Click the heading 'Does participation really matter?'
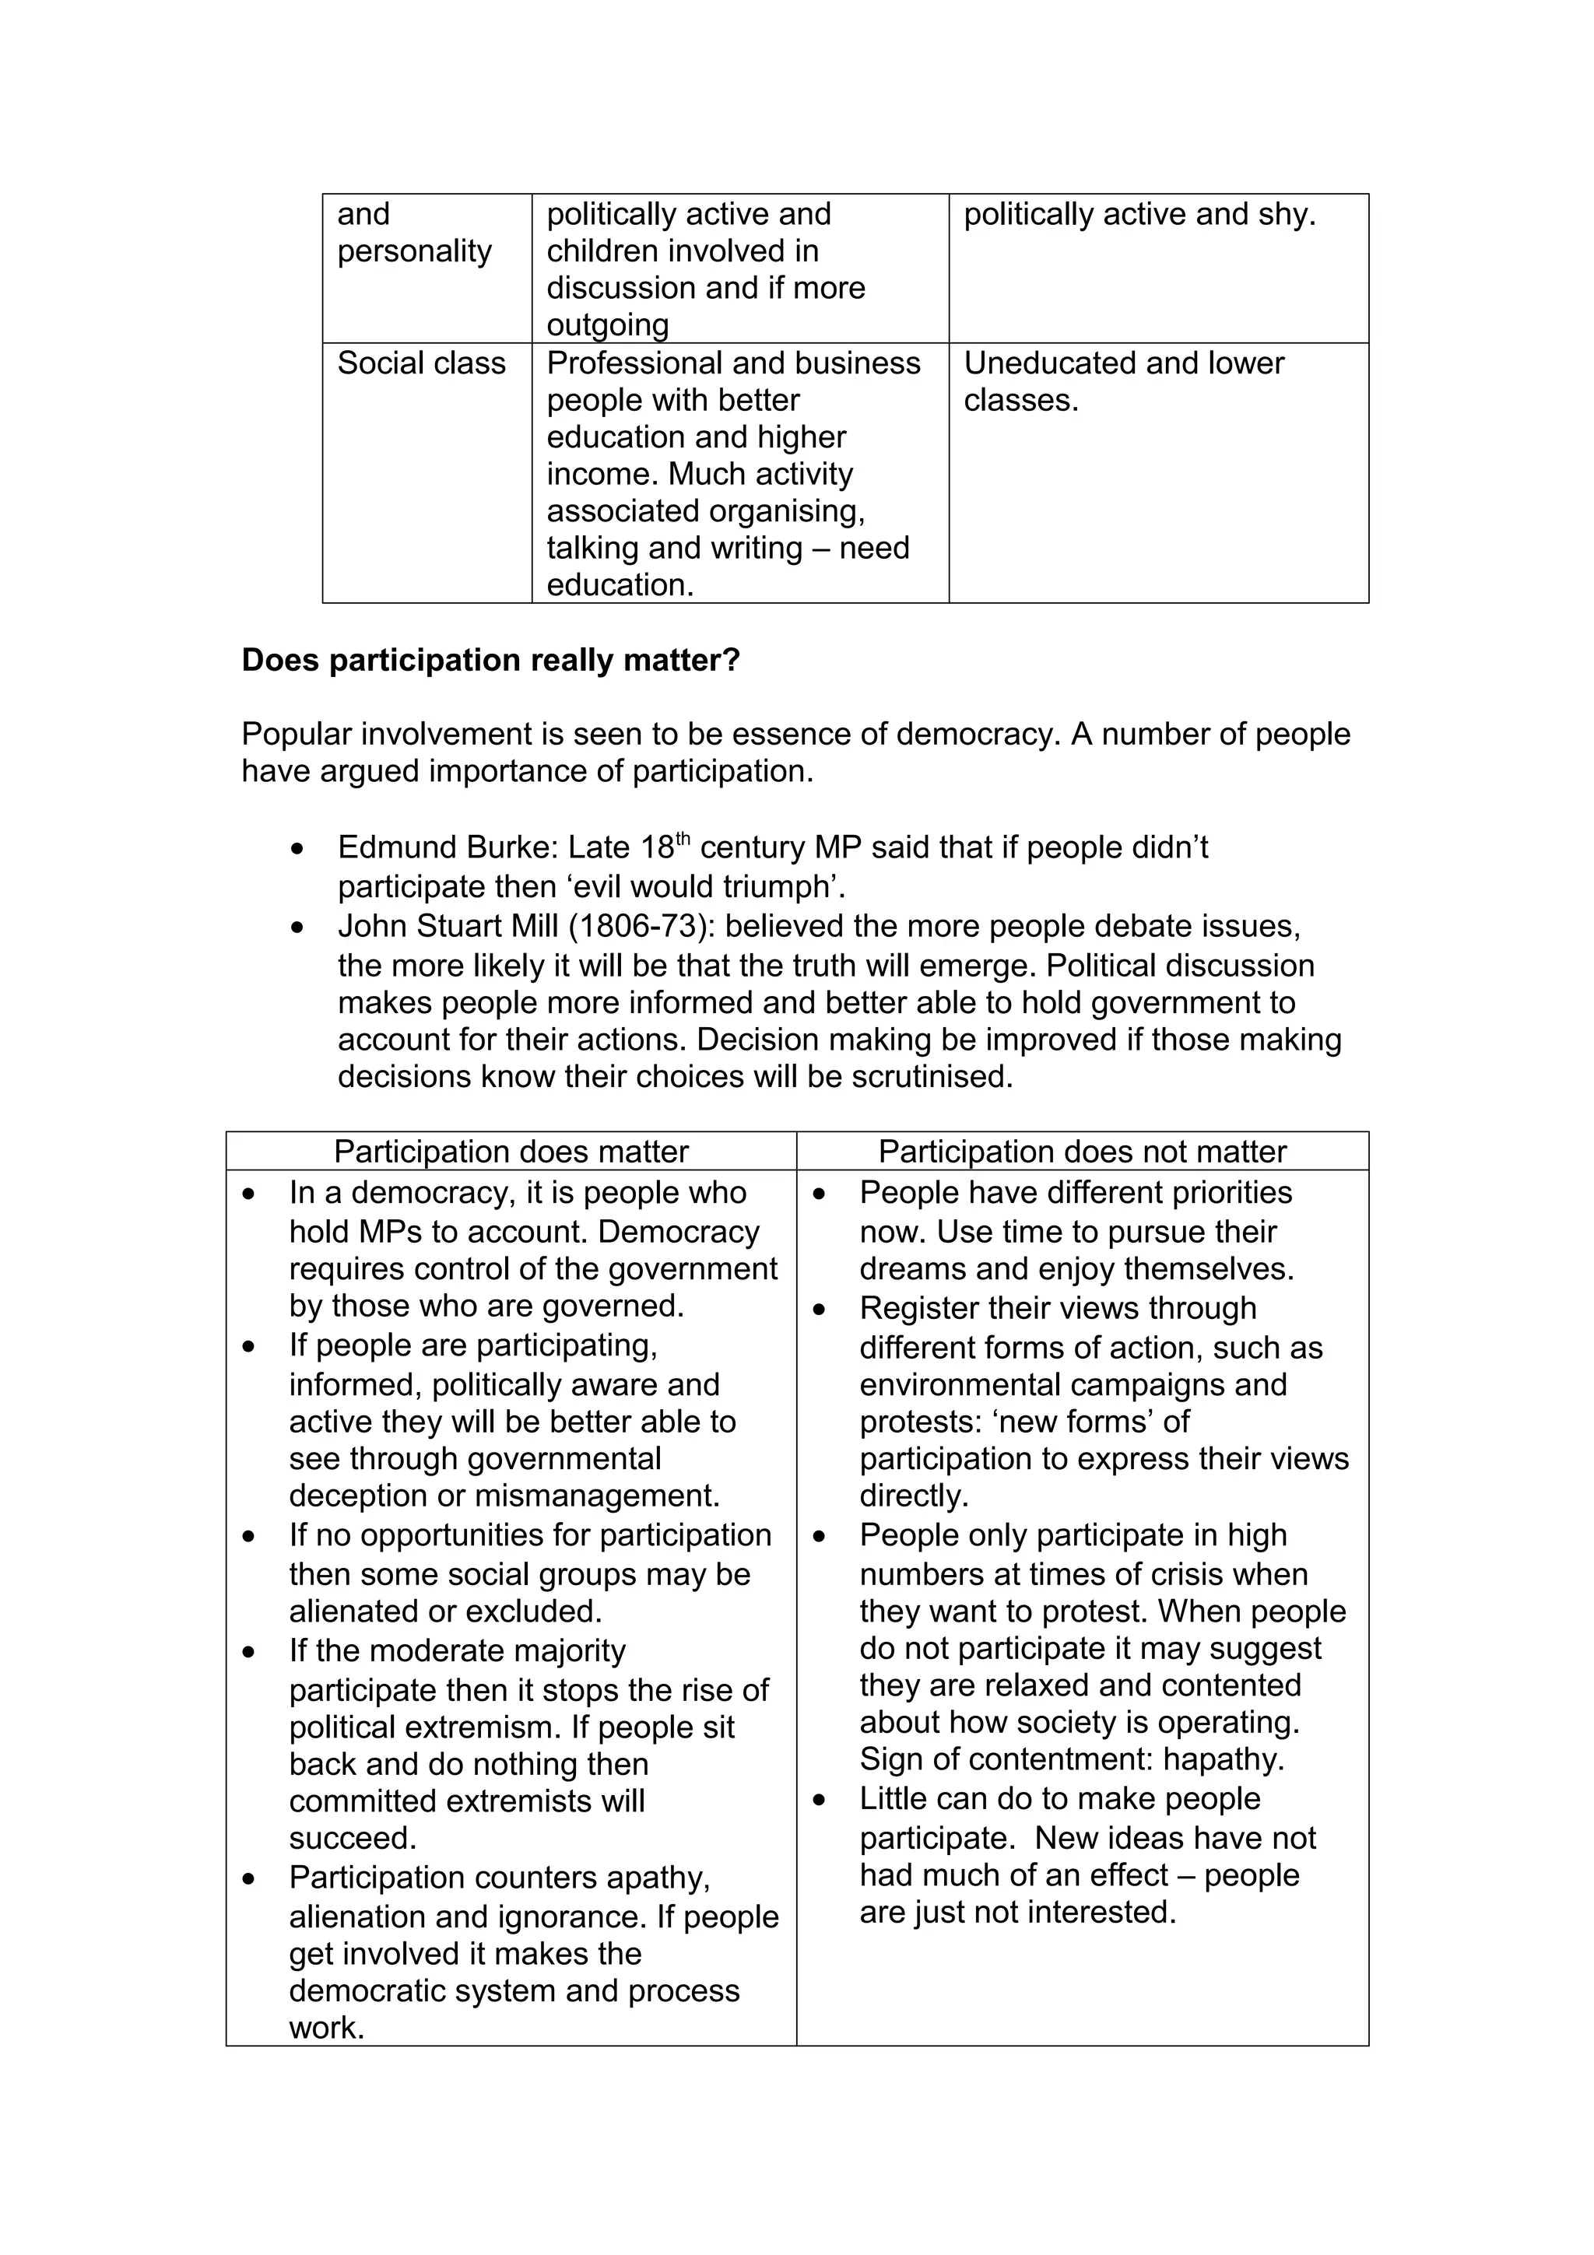490,660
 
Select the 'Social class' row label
421,363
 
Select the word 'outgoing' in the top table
607,325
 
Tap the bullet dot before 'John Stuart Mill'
297,928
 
